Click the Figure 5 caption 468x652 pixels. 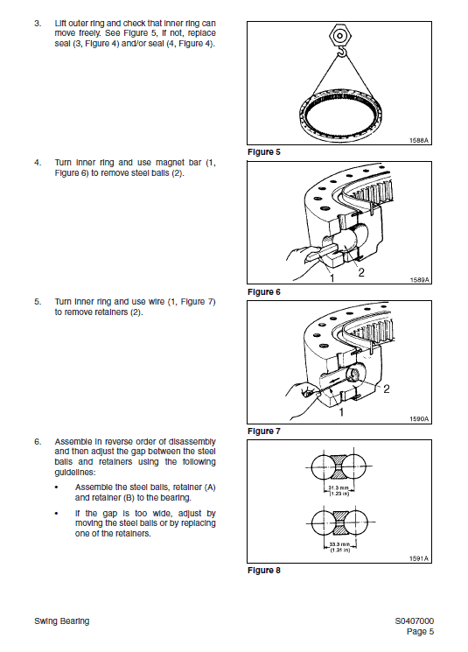[264, 152]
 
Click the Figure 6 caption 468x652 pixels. [264, 291]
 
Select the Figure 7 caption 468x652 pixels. [264, 431]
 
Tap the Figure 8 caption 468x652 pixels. [264, 571]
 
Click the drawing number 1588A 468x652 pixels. [419, 140]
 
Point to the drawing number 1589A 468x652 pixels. [419, 279]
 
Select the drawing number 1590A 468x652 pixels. [419, 419]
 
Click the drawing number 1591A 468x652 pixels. [419, 557]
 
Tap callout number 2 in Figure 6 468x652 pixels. [360, 270]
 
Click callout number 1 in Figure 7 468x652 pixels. [340, 411]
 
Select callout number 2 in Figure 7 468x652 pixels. [386, 386]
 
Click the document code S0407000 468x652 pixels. [414, 621]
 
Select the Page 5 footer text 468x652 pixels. [420, 631]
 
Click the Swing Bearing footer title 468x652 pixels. [61, 621]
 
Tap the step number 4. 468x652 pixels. [38, 162]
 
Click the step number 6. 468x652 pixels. [38, 441]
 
